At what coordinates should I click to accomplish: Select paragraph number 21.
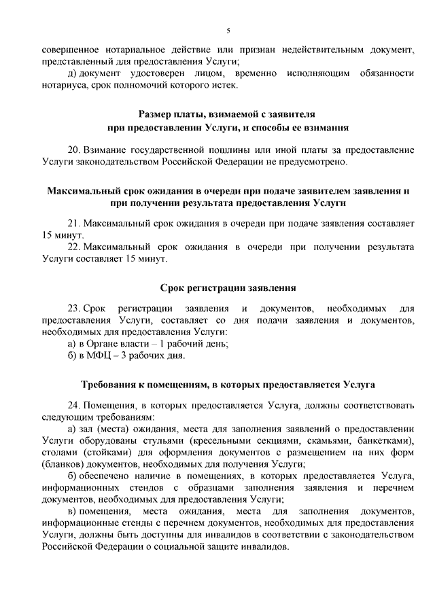[x=73, y=222]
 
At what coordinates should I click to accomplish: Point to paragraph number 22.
[x=73, y=246]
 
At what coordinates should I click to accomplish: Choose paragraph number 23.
[x=73, y=308]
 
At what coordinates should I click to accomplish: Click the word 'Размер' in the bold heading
[x=156, y=115]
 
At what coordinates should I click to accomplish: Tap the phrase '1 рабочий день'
[x=194, y=343]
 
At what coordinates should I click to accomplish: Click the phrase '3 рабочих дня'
[x=156, y=355]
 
